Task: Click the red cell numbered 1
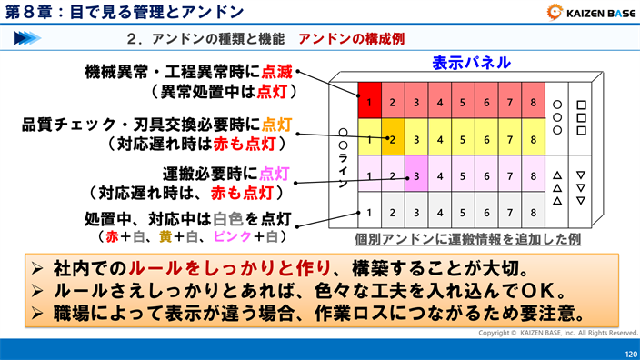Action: (370, 102)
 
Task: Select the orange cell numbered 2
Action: (393, 139)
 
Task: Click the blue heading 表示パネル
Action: (470, 65)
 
